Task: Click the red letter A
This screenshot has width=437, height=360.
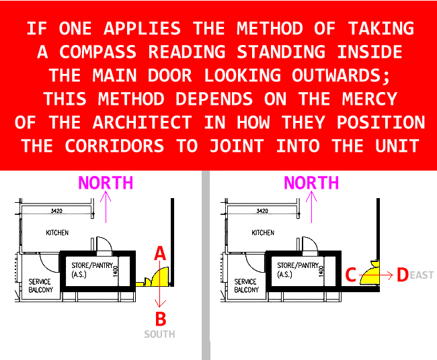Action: pyautogui.click(x=160, y=253)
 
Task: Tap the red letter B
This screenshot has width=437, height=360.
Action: pyautogui.click(x=161, y=319)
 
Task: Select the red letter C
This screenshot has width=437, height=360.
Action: pyautogui.click(x=350, y=275)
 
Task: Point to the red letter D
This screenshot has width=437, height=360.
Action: pyautogui.click(x=403, y=275)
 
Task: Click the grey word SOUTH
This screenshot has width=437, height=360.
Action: pyautogui.click(x=159, y=334)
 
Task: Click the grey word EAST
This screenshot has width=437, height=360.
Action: pyautogui.click(x=422, y=275)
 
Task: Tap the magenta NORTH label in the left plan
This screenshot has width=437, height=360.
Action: pyautogui.click(x=106, y=183)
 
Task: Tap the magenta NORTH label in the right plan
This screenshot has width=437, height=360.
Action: pyautogui.click(x=311, y=183)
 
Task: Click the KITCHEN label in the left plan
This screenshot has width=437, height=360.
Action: pyautogui.click(x=57, y=232)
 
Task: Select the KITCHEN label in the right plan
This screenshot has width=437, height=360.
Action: pyautogui.click(x=263, y=232)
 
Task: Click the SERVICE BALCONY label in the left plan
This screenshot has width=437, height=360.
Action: pyautogui.click(x=41, y=285)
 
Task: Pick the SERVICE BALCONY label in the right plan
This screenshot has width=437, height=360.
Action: pyautogui.click(x=246, y=285)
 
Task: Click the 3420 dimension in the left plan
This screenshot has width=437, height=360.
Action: pyautogui.click(x=56, y=211)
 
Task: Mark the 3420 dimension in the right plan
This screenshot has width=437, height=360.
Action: pyautogui.click(x=262, y=211)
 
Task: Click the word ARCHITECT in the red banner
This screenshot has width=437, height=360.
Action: pyautogui.click(x=143, y=122)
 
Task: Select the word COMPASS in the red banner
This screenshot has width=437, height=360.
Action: pyautogui.click(x=97, y=52)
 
